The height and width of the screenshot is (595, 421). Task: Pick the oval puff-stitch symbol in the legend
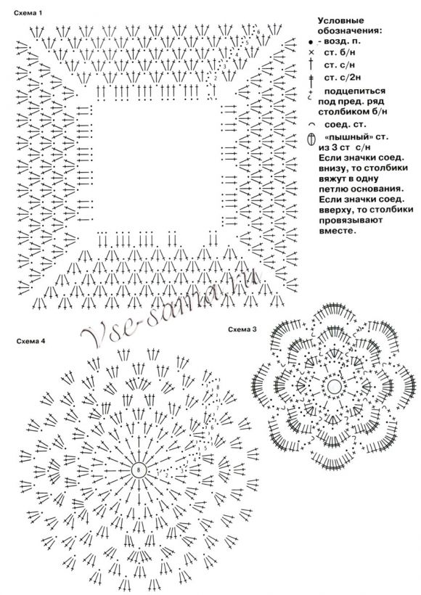click(x=311, y=138)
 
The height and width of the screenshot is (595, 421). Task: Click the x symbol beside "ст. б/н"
click(x=311, y=54)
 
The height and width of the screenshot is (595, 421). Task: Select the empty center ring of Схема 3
click(x=334, y=387)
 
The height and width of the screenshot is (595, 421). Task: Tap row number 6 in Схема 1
click(x=258, y=33)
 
